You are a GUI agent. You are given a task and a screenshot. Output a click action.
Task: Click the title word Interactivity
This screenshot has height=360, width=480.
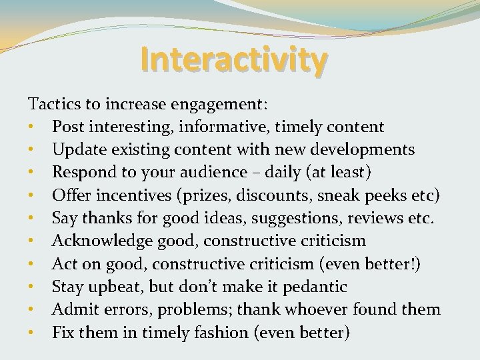pyautogui.click(x=234, y=59)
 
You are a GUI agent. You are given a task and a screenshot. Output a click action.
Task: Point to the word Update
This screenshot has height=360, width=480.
pyautogui.click(x=77, y=150)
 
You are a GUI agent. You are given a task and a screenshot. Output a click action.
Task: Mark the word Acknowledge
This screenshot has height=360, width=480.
pyautogui.click(x=104, y=241)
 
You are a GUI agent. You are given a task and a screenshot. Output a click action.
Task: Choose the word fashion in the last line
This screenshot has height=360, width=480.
pyautogui.click(x=223, y=332)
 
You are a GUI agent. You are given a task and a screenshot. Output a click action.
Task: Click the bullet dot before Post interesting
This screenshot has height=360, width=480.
pyautogui.click(x=31, y=127)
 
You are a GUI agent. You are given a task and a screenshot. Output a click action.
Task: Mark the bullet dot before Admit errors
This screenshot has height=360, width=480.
pyautogui.click(x=31, y=310)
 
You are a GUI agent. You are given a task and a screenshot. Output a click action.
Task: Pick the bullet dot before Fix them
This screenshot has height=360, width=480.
pyautogui.click(x=31, y=333)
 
